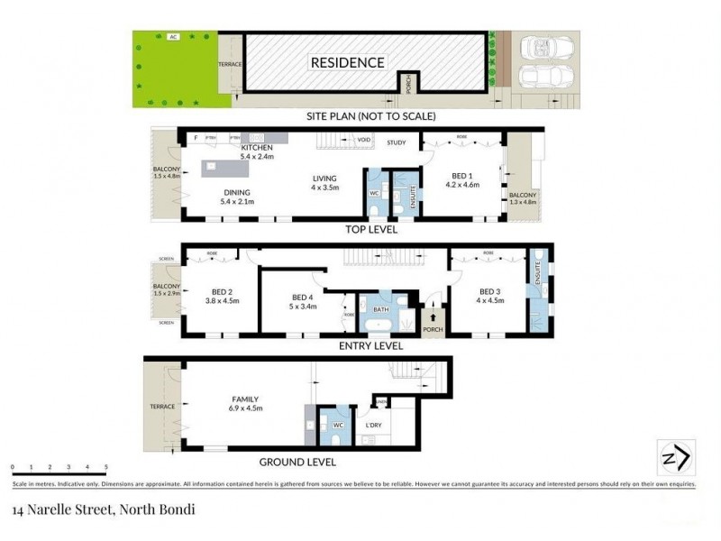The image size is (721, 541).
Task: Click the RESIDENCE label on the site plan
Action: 348,62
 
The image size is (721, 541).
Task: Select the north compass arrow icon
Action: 676,456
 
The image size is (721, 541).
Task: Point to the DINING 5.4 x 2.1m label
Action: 238,197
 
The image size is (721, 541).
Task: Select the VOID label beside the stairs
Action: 364,141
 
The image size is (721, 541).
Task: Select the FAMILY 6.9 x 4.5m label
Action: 246,403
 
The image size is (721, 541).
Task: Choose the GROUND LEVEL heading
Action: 297,462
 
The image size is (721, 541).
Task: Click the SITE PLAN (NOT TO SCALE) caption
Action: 371,115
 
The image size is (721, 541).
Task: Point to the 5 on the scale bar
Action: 106,467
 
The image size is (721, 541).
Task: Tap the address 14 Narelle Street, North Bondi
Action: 104,509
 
